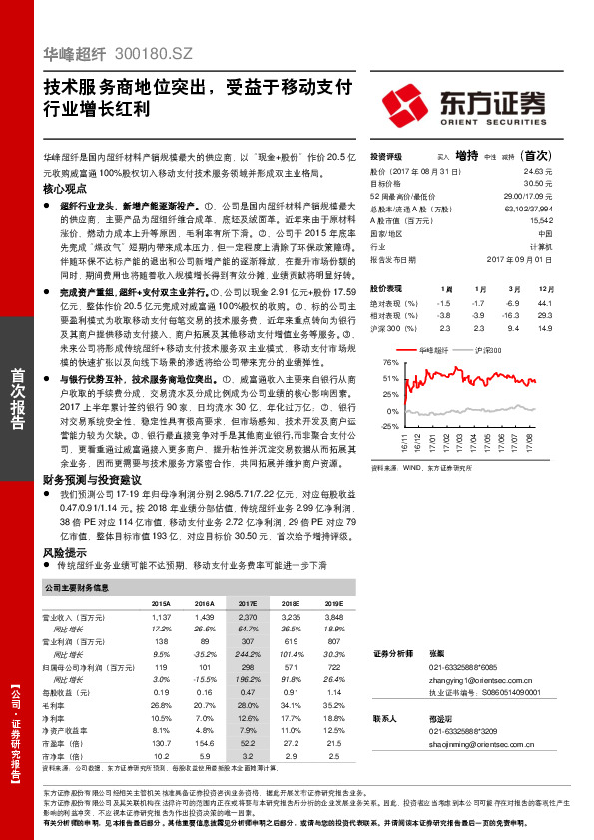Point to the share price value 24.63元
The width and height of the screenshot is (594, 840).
tap(538, 172)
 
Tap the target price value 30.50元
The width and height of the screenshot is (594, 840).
tap(538, 183)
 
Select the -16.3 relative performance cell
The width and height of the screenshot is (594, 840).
tap(513, 314)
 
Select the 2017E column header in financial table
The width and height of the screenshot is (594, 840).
tap(248, 604)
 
